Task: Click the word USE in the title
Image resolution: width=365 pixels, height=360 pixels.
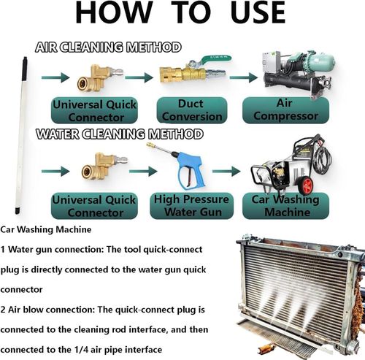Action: click(x=258, y=12)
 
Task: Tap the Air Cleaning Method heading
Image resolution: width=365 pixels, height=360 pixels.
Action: click(x=108, y=47)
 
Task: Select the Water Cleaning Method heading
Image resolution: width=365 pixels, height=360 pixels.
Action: click(x=120, y=134)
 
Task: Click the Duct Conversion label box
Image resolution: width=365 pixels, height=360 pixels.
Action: click(x=192, y=110)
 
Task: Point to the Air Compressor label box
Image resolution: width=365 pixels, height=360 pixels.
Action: click(x=285, y=110)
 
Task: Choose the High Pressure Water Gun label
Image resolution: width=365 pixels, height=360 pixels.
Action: click(x=192, y=206)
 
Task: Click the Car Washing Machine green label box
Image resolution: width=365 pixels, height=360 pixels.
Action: click(x=285, y=206)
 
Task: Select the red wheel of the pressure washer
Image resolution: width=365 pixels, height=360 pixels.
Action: click(x=306, y=185)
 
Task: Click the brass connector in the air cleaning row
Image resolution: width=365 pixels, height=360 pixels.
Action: click(x=99, y=78)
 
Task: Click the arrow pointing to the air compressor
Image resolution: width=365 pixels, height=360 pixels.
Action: click(x=243, y=77)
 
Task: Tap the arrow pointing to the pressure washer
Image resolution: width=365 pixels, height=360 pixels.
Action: click(x=226, y=171)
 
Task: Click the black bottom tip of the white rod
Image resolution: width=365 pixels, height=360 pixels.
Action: click(x=17, y=210)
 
